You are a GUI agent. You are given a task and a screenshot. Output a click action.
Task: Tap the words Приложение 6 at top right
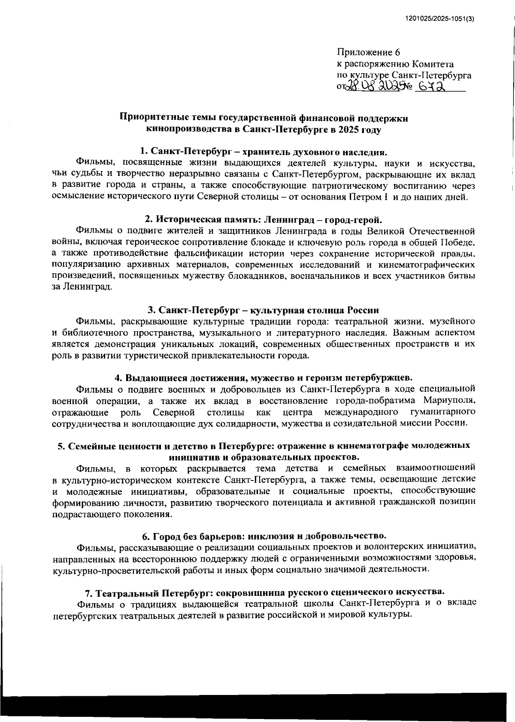coord(369,52)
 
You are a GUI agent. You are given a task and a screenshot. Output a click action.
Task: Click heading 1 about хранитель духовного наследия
coord(264,152)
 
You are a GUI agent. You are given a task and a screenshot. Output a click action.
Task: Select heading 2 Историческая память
coord(264,220)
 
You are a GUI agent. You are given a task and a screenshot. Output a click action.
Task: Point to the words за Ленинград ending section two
coord(82,287)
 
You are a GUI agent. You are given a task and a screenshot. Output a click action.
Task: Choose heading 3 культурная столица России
coord(264,310)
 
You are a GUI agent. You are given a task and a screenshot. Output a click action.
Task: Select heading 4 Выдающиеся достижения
coord(264,378)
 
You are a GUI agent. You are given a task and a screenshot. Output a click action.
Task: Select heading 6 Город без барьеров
coord(264,536)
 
